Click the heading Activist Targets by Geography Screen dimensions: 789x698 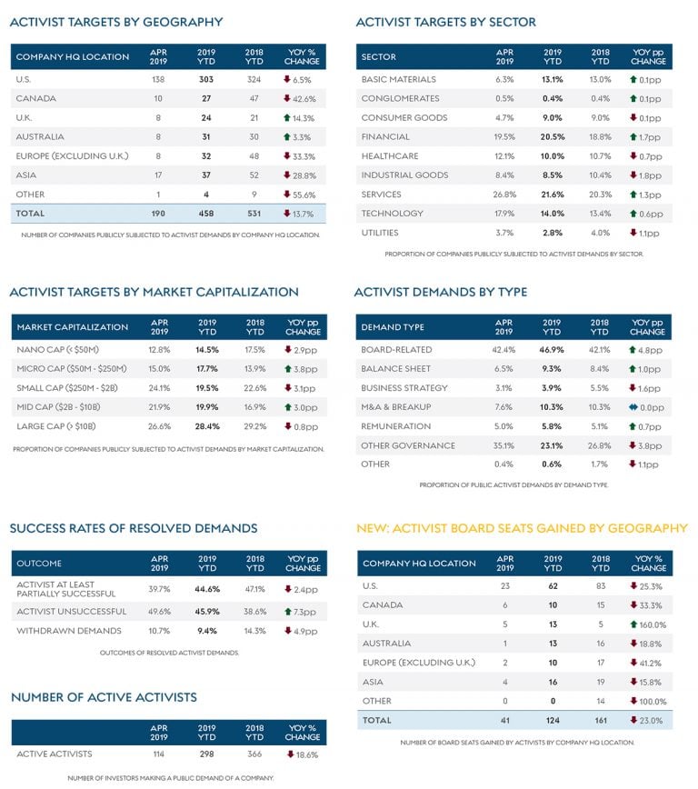tap(115, 22)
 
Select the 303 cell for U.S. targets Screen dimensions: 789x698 tap(205, 79)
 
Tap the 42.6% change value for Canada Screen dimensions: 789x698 tap(302, 98)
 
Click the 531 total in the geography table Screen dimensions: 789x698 tap(254, 213)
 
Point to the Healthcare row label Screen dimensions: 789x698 tap(390, 155)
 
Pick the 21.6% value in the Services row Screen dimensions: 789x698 tap(553, 194)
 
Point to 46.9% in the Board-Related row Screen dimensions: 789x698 tap(553, 349)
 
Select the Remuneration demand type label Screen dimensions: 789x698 tap(396, 425)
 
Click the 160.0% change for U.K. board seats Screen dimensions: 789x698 tap(652, 624)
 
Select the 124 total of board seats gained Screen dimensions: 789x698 tap(553, 720)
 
